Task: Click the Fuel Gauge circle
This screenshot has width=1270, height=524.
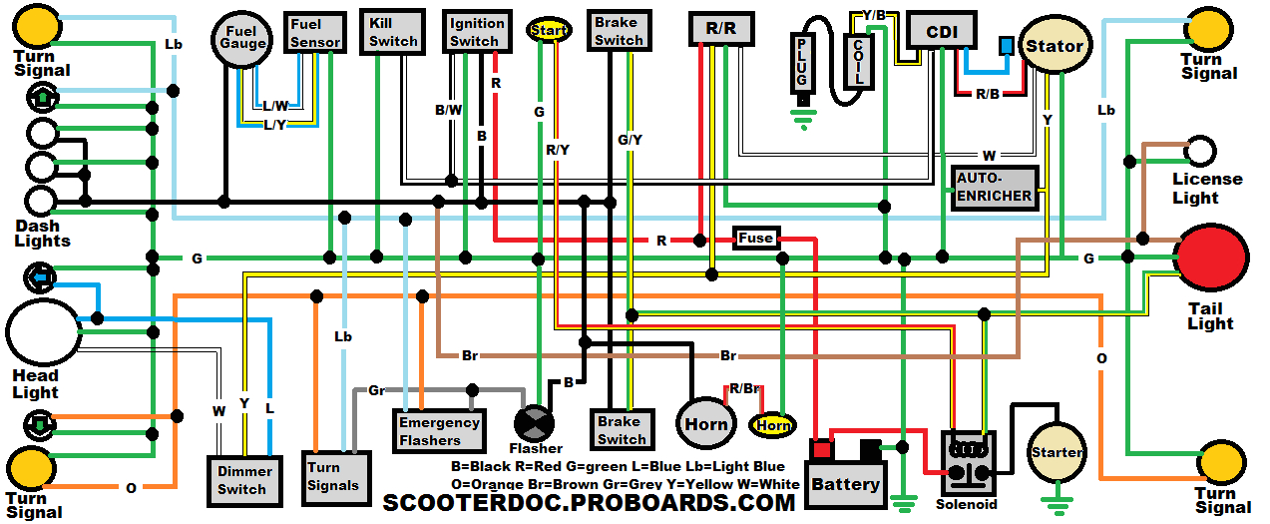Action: [x=242, y=39]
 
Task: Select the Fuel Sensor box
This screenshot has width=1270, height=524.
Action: [x=315, y=33]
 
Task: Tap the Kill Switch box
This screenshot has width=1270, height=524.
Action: [x=393, y=32]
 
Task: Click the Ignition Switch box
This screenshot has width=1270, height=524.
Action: [x=476, y=32]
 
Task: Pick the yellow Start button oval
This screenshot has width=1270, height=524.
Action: [x=549, y=30]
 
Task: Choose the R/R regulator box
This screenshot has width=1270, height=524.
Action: [x=720, y=29]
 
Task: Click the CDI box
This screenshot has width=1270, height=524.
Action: [x=942, y=32]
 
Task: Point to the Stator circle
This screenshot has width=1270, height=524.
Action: [x=1054, y=46]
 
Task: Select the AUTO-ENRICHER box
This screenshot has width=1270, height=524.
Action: [x=994, y=187]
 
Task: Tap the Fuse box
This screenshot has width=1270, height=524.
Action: [x=755, y=239]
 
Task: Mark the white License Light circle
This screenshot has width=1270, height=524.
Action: [x=1200, y=152]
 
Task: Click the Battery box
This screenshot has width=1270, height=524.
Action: [x=845, y=484]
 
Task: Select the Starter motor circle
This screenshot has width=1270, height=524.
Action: [x=1056, y=453]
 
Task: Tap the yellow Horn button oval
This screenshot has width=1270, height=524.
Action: [x=772, y=425]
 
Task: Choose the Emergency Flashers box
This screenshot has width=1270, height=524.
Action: [x=439, y=430]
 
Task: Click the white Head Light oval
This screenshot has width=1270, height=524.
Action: [x=43, y=332]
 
